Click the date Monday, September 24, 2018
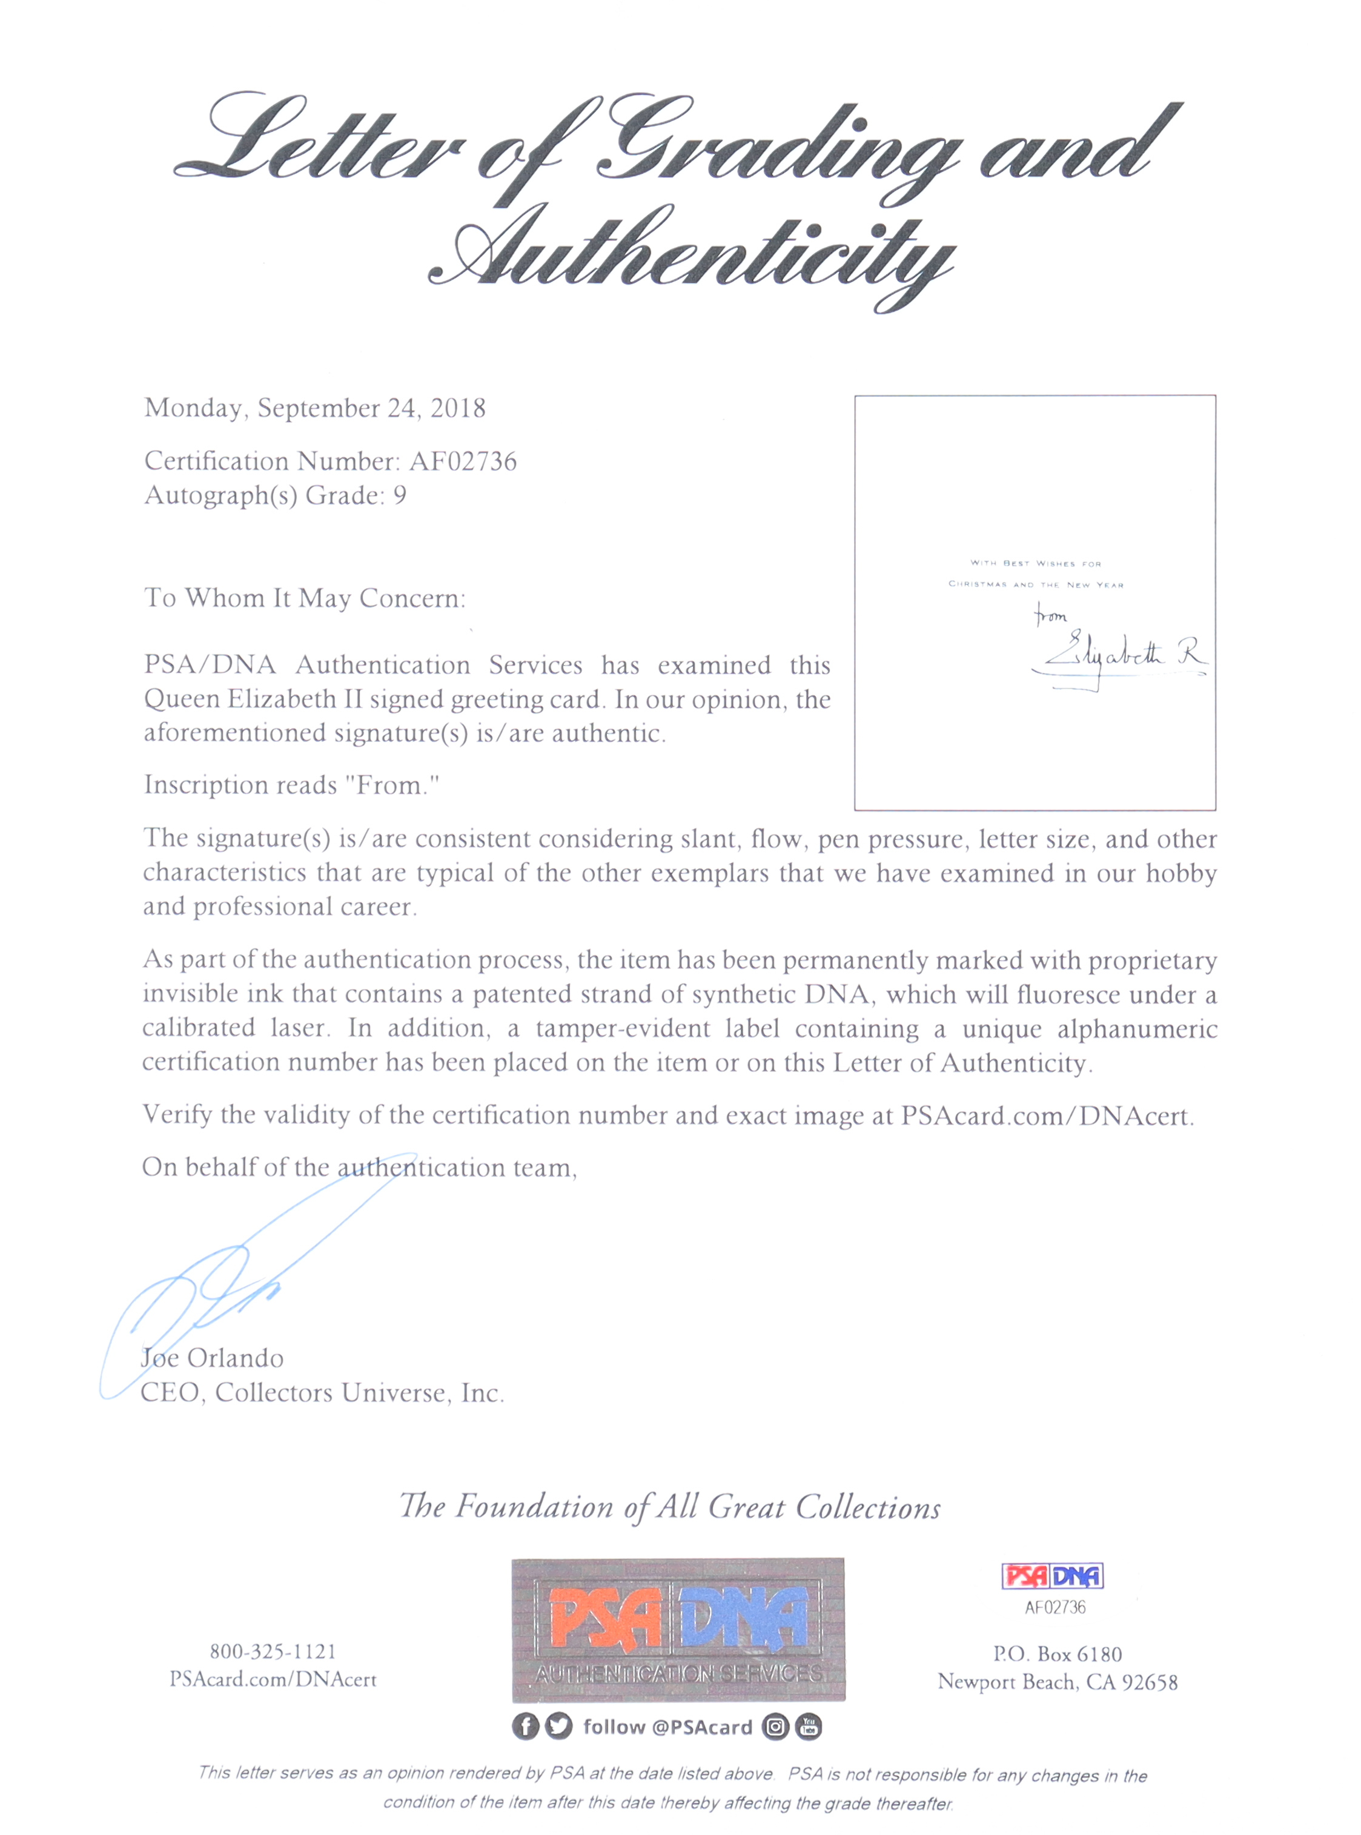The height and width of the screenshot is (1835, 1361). pos(315,409)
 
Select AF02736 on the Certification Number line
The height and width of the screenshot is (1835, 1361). pos(463,461)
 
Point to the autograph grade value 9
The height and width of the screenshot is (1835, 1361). pos(400,496)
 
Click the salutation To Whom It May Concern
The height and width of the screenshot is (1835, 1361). pos(305,598)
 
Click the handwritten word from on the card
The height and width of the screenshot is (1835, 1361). pos(1051,616)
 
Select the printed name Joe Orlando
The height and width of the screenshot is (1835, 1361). pos(213,1358)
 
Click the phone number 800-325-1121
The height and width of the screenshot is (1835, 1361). pos(273,1651)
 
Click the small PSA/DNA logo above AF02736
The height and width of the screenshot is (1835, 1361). pos(1052,1576)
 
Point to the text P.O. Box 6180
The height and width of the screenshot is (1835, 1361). pos(1057,1654)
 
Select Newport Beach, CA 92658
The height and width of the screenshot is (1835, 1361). pos(1057,1682)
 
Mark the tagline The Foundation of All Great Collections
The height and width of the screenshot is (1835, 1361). pos(670,1507)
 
